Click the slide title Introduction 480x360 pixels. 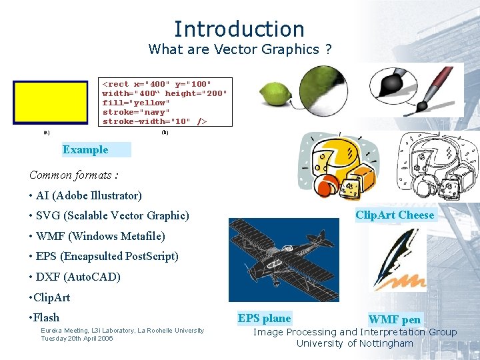239,29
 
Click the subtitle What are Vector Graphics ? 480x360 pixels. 239,49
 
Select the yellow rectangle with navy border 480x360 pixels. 51,103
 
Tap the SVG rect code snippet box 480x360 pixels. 165,102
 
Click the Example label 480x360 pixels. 85,150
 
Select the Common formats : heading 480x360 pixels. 73,175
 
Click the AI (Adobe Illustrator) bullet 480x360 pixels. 85,196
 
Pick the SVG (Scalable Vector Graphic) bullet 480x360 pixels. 109,216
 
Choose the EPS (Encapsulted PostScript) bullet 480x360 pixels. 104,257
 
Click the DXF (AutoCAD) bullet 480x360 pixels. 75,277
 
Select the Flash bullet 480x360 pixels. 45,318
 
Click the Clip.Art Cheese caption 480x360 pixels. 395,215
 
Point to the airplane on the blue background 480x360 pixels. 284,259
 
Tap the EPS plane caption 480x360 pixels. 265,319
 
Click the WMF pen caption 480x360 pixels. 395,320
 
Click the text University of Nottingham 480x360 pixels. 355,344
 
